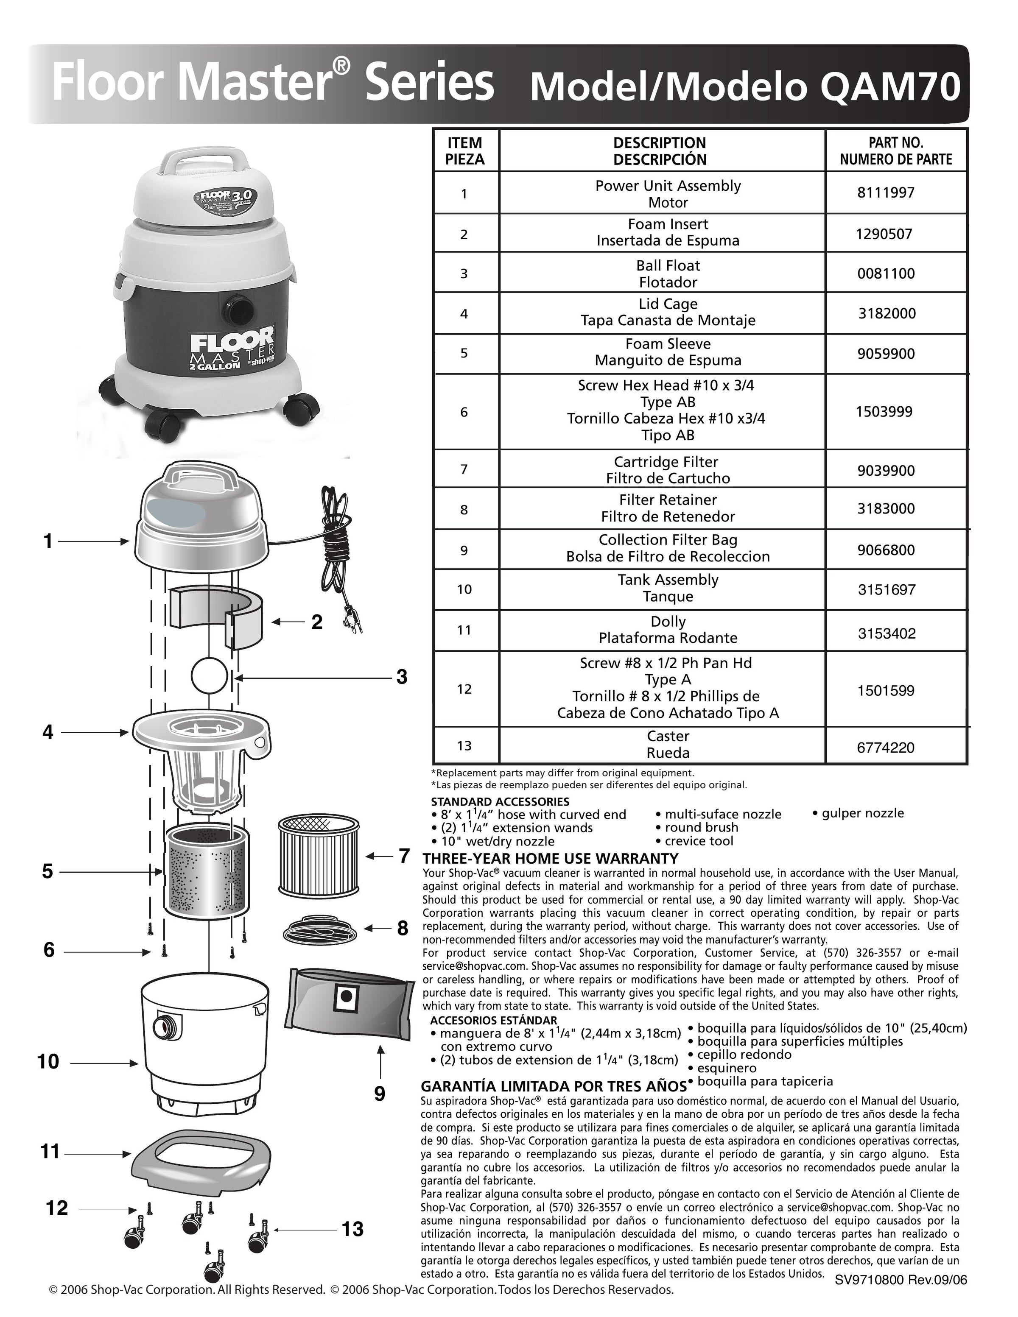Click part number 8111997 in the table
(885, 193)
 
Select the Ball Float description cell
(668, 274)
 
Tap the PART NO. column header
(895, 151)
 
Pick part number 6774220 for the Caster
(885, 748)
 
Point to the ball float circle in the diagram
(209, 677)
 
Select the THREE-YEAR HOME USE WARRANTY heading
(550, 858)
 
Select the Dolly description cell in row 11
(668, 630)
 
